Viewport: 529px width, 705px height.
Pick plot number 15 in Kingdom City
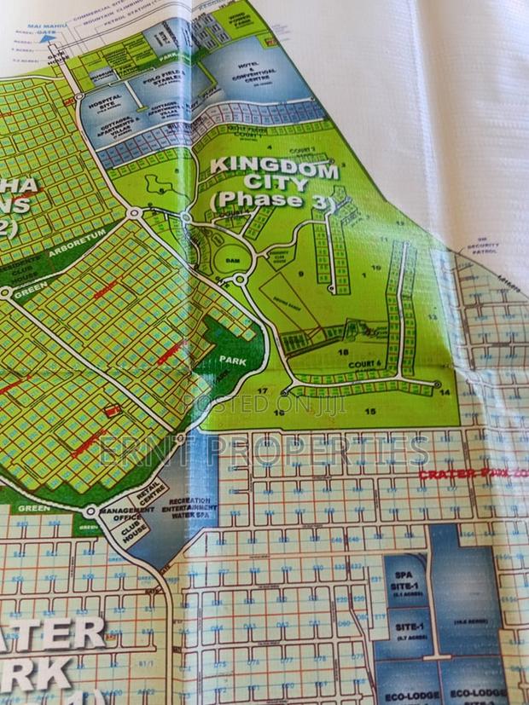coord(370,411)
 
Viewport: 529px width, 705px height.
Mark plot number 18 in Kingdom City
coord(344,350)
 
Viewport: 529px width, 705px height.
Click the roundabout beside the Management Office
coord(90,512)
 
